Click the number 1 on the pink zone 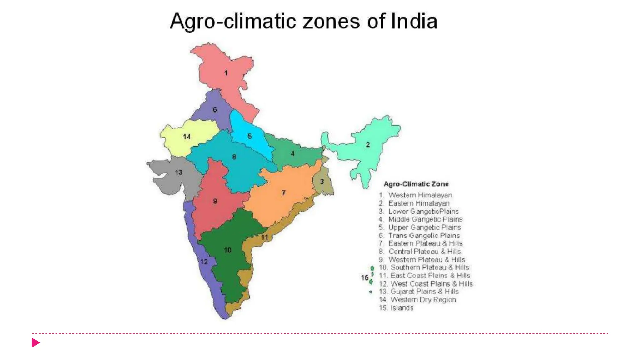(x=226, y=73)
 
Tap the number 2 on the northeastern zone (x=368, y=144)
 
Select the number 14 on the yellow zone (x=187, y=137)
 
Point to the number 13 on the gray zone (x=179, y=172)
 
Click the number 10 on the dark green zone (x=227, y=250)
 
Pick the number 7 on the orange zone (x=283, y=193)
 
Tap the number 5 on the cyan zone (x=249, y=136)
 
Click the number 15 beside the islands (x=365, y=277)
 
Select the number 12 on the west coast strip (x=204, y=262)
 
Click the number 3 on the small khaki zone (x=322, y=182)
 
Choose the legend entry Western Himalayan (x=420, y=195)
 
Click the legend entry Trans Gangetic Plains (x=423, y=236)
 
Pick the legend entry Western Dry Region (x=423, y=300)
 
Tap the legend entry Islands (x=402, y=308)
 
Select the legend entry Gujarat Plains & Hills (x=424, y=292)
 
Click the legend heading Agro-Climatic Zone (x=416, y=184)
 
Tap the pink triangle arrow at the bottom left (x=36, y=342)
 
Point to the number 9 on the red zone (x=215, y=201)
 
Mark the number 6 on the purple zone (x=215, y=110)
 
